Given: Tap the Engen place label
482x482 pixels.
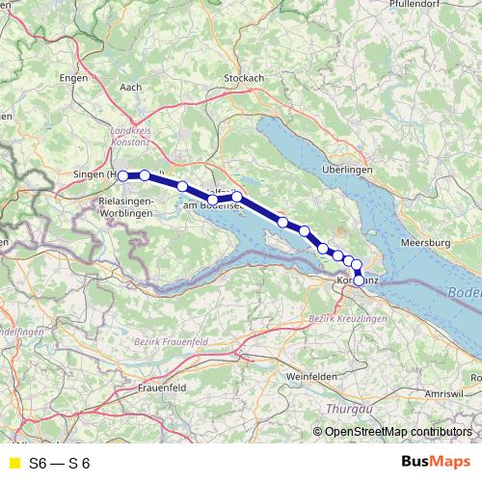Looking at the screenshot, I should (73, 77).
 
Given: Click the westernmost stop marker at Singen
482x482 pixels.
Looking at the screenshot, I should (123, 175).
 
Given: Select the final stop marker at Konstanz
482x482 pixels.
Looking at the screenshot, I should (360, 281).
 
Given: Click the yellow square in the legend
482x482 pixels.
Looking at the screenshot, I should (13, 463).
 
